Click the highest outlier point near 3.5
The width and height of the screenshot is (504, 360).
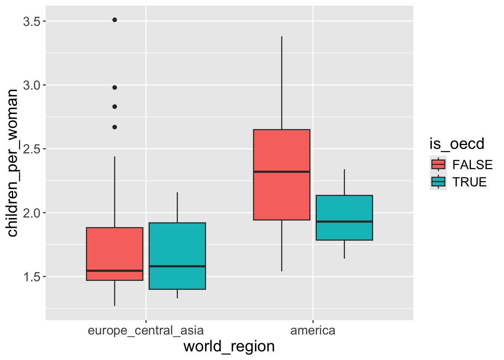click(x=115, y=20)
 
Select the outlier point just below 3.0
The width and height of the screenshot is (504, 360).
click(x=115, y=87)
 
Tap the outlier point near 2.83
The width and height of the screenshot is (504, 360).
click(x=115, y=106)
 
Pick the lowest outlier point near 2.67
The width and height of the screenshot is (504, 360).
click(x=115, y=127)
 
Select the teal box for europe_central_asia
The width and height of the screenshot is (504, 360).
click(x=177, y=244)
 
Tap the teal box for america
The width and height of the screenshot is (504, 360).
click(x=344, y=210)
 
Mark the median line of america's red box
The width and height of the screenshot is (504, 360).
click(x=282, y=172)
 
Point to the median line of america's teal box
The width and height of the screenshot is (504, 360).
click(x=344, y=222)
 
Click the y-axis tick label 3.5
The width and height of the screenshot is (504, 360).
click(x=31, y=21)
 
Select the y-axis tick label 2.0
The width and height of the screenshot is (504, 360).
click(x=31, y=213)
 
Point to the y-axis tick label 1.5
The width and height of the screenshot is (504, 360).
click(x=31, y=277)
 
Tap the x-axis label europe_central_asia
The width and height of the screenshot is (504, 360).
click(x=145, y=331)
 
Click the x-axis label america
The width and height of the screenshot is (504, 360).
click(x=313, y=331)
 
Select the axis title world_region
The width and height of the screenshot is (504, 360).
click(x=229, y=346)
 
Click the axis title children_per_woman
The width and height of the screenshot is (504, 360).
click(x=13, y=163)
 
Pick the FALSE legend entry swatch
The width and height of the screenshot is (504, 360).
click(x=438, y=164)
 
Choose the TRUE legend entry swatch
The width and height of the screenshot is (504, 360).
click(x=438, y=182)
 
